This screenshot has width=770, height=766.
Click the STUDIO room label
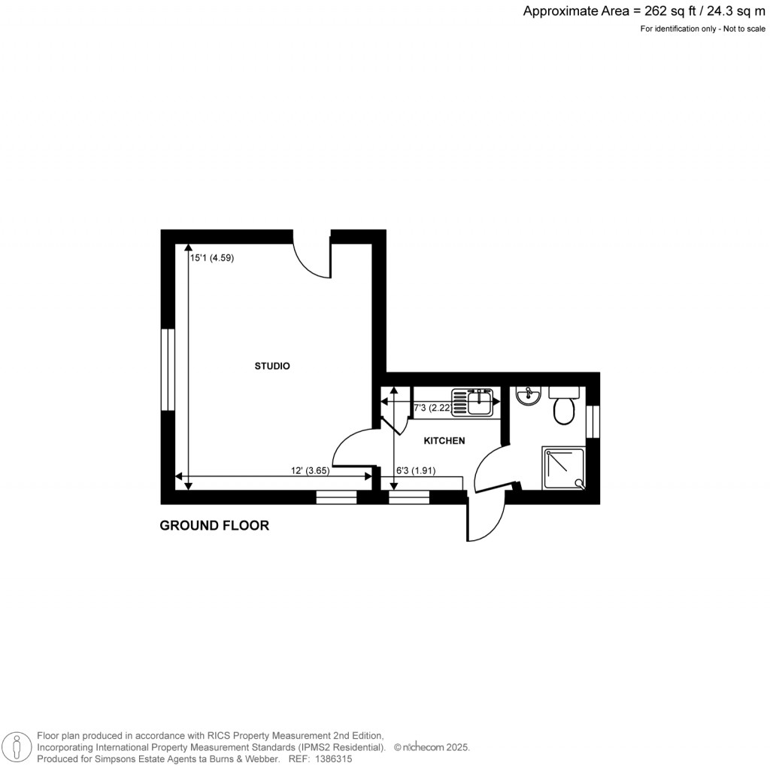coord(272,366)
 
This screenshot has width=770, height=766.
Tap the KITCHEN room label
coord(444,441)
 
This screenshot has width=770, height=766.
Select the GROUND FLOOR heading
coord(214,526)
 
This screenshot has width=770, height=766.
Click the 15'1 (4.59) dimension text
coord(214,258)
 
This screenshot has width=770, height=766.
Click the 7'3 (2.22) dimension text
coord(432,408)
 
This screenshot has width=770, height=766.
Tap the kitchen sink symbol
coord(471,402)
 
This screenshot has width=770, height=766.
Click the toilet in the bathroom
coord(563,406)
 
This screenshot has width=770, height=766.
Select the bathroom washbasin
coord(529,396)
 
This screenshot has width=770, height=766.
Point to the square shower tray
coord(563,468)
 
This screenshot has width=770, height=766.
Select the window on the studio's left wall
coord(168,369)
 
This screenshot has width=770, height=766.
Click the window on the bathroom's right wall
coord(593,422)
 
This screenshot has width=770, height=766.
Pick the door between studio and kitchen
coord(352,450)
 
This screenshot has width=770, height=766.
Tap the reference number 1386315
coord(332,759)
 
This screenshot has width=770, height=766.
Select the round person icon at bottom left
coord(16,746)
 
